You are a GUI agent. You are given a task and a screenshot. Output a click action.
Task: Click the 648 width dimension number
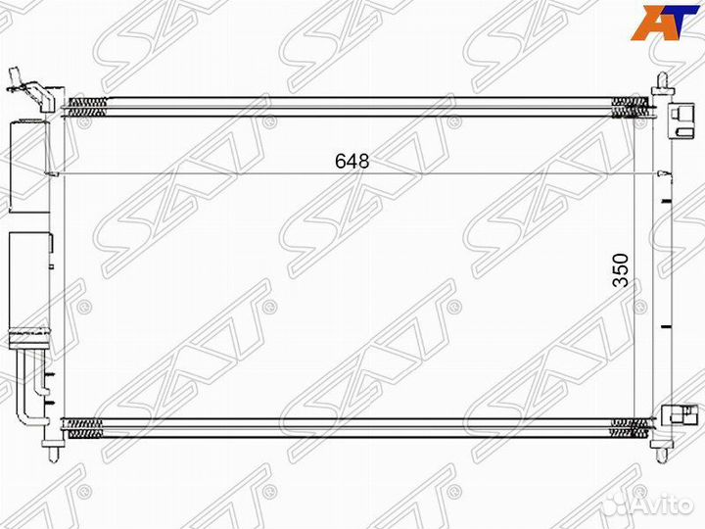click(352, 161)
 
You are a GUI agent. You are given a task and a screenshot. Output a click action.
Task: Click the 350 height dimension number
click(622, 270)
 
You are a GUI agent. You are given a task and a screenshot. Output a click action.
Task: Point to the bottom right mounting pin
click(661, 454)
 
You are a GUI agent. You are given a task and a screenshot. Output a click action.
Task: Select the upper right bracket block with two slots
click(681, 120)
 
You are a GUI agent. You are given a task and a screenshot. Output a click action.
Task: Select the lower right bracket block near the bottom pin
click(678, 413)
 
